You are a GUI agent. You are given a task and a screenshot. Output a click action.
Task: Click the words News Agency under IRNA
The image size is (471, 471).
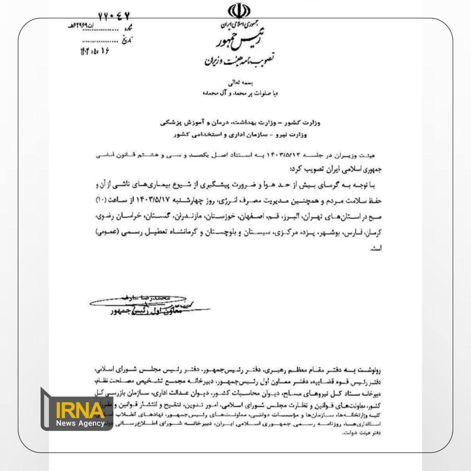[x=80, y=423]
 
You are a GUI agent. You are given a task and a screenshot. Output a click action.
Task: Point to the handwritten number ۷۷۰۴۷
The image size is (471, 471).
[x=114, y=16]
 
